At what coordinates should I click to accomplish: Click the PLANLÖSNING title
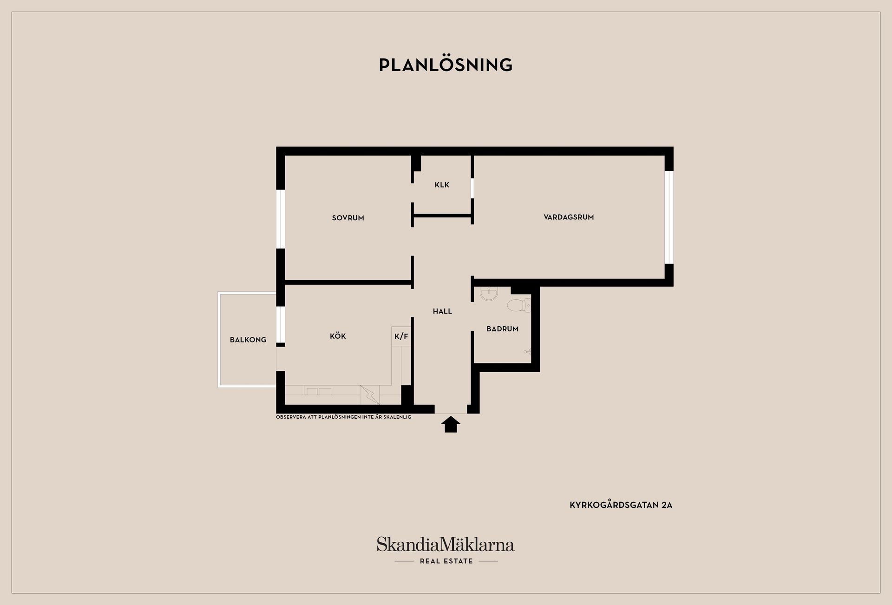point(446,65)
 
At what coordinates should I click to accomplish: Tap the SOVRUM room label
point(348,218)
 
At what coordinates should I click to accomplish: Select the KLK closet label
point(442,185)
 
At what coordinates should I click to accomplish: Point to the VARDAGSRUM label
point(569,217)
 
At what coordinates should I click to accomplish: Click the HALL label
point(442,311)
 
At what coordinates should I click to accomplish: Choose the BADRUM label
point(502,329)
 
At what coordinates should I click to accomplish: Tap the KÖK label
point(338,336)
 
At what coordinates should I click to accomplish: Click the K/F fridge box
point(401,336)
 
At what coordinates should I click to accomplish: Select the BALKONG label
point(248,340)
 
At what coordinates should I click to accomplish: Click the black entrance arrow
point(451,424)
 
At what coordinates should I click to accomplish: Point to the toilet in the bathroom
point(518,305)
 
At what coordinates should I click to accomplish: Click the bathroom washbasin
point(489,293)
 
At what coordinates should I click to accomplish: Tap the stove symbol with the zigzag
point(369,395)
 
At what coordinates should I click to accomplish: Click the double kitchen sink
point(319,391)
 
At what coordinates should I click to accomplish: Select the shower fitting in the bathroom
point(527,352)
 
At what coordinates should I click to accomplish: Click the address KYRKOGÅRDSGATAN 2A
point(621,505)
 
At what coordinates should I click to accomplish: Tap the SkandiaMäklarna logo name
point(446,544)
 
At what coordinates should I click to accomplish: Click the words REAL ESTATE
point(446,561)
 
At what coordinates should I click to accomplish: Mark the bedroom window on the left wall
point(281,219)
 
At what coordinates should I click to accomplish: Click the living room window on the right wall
point(669,217)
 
